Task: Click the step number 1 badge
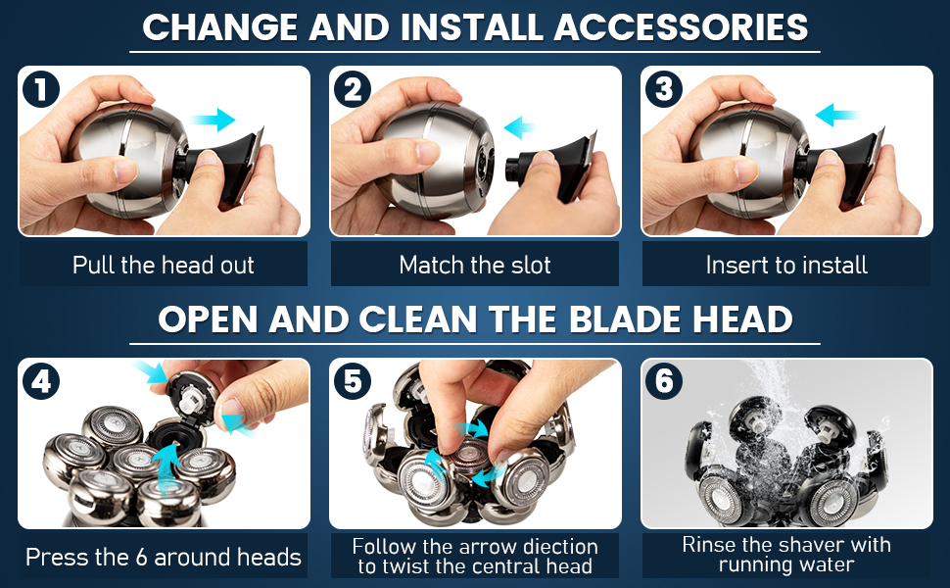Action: pyautogui.click(x=41, y=89)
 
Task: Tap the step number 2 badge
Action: pyautogui.click(x=353, y=89)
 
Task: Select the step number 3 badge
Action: pyautogui.click(x=664, y=89)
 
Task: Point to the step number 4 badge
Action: pyautogui.click(x=41, y=381)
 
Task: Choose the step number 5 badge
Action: pyautogui.click(x=353, y=381)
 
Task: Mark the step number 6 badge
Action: pyautogui.click(x=664, y=381)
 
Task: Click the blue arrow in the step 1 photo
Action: pyautogui.click(x=214, y=121)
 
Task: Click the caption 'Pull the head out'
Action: pyautogui.click(x=164, y=265)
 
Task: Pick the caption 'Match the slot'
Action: pyautogui.click(x=475, y=265)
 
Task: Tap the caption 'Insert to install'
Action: pyautogui.click(x=786, y=265)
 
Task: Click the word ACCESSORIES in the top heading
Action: pyautogui.click(x=682, y=27)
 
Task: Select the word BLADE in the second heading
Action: pyautogui.click(x=624, y=319)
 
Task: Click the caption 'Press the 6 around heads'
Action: pyautogui.click(x=164, y=557)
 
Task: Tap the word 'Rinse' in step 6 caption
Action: pyautogui.click(x=708, y=545)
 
